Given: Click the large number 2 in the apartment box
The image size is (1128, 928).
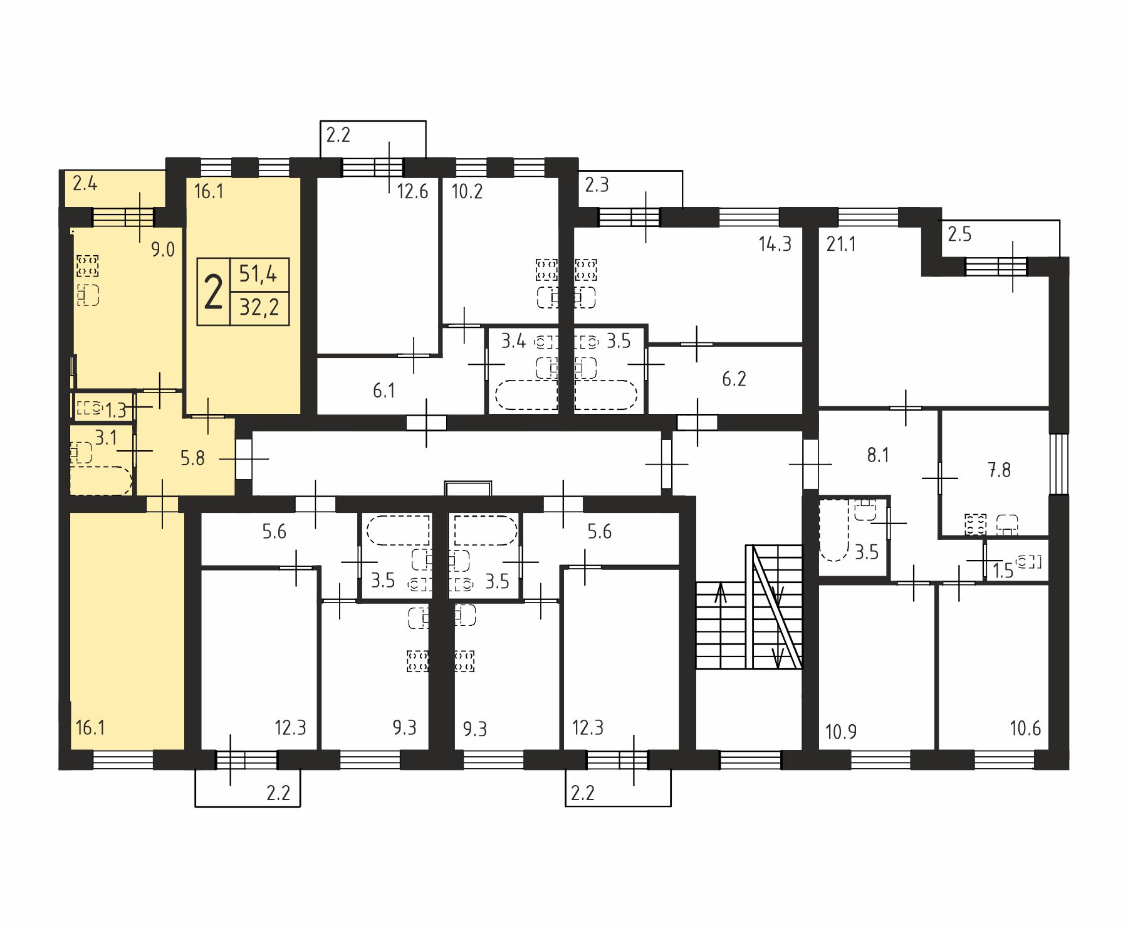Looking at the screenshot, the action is pos(214,292).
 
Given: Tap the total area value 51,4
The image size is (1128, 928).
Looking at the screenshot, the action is pos(258,274).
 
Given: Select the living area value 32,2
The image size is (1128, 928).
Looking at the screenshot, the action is pos(259,308).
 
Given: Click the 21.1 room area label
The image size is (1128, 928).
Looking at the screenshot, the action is pos(841,243).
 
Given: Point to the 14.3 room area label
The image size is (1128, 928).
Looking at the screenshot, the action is pos(775,243).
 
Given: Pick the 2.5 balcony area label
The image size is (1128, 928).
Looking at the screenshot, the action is pos(959,235).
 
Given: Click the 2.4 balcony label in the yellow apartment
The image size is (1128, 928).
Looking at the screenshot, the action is pos(85,184).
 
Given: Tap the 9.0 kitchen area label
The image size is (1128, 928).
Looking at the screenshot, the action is pos(162,250).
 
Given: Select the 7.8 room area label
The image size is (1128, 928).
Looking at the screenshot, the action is pos(1000,470).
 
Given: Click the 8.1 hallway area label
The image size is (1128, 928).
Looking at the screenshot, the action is pos(878,455).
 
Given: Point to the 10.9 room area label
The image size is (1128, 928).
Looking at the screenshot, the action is pos(841,732).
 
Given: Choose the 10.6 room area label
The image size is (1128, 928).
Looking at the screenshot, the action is pos(1025,728).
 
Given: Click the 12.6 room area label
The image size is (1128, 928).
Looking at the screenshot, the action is pos(412,191).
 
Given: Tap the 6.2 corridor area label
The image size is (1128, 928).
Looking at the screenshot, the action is pos(734,379).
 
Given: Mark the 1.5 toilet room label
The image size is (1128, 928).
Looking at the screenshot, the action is pos(1003,571).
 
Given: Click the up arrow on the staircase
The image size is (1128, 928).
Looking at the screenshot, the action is pos(721,593).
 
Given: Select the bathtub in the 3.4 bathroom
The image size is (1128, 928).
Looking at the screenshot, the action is pos(526,395).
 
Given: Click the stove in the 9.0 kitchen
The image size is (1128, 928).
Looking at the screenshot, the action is pos(88,265).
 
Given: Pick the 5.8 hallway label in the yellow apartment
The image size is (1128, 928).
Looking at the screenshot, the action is pos(192,458).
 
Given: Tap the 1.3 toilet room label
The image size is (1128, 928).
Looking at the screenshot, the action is pos(116,411).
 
